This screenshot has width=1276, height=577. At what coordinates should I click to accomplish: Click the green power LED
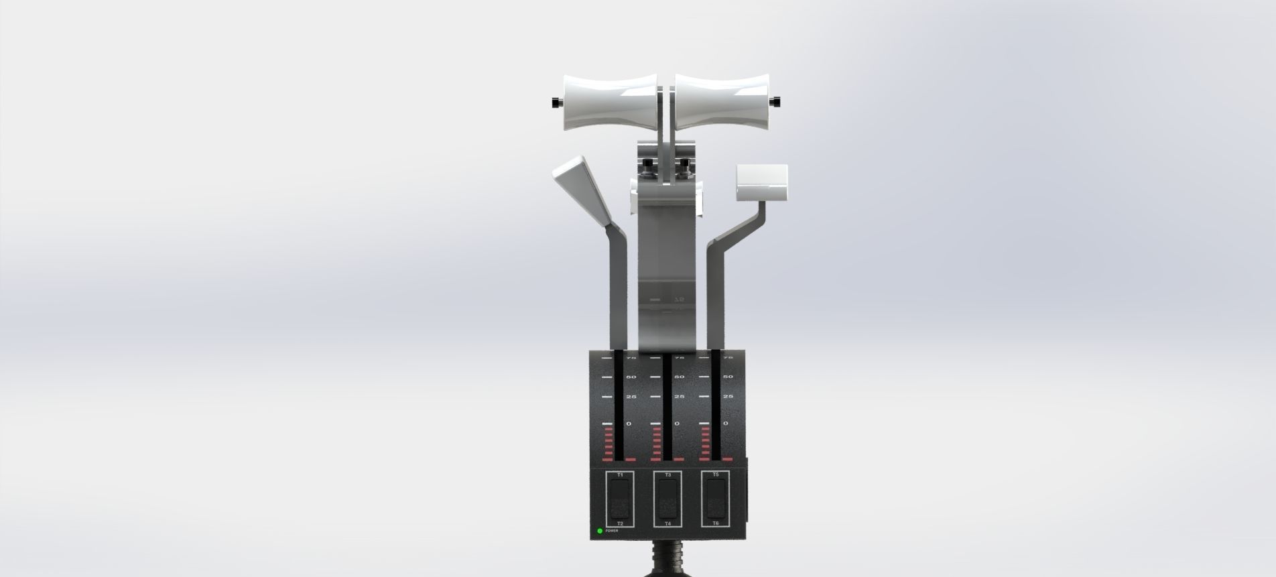click(x=600, y=531)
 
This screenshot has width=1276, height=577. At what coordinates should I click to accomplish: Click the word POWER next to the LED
click(x=612, y=531)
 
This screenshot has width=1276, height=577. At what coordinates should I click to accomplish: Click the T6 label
click(x=716, y=523)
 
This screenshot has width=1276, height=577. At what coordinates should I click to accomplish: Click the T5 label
click(x=716, y=475)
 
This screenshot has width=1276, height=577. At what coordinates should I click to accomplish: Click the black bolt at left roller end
click(x=556, y=103)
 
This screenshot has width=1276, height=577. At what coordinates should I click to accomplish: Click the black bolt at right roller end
click(x=776, y=102)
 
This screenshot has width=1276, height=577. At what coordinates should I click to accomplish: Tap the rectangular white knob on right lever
click(x=762, y=182)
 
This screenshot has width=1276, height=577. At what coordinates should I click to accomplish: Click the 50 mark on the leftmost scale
click(x=631, y=377)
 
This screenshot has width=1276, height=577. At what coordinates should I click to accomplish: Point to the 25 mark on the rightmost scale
click(x=728, y=397)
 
